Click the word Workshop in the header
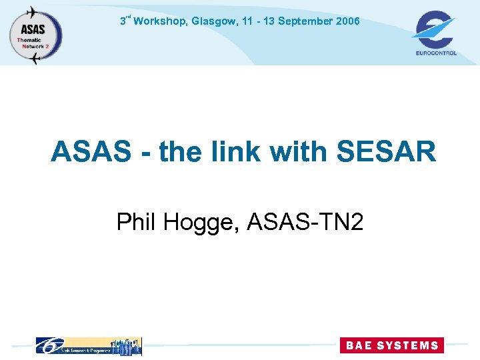click(161, 21)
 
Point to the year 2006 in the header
click(348, 21)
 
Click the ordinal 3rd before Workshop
click(125, 20)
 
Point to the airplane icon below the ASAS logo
click(35, 59)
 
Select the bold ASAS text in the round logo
click(33, 29)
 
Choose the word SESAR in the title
click(387, 152)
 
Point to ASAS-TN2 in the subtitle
click(305, 221)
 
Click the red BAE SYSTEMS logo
click(390, 345)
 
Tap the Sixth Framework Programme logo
click(88, 345)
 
